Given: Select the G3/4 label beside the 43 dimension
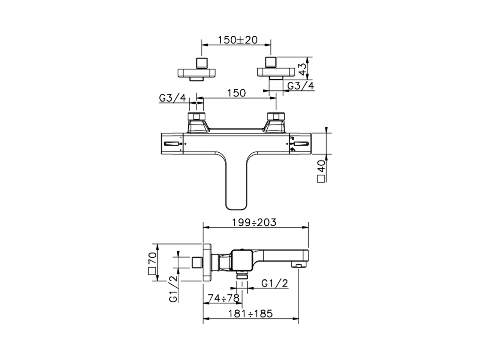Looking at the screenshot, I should tap(300, 86).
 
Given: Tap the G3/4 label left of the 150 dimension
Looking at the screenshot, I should tap(172, 98).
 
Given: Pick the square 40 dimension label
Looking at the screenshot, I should tap(321, 171).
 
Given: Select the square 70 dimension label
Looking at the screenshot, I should tap(152, 264).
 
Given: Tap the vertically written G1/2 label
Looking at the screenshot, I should tap(173, 289).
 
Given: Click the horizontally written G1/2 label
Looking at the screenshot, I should tap(274, 283).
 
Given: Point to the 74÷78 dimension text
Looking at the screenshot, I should tap(223, 298).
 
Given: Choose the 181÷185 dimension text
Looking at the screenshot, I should tap(250, 313).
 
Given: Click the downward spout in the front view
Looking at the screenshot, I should tap(235, 184).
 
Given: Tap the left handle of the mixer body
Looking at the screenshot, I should tap(172, 144).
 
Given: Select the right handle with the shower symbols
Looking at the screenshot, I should tap(300, 144).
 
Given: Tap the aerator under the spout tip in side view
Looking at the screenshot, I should tap(298, 266).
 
